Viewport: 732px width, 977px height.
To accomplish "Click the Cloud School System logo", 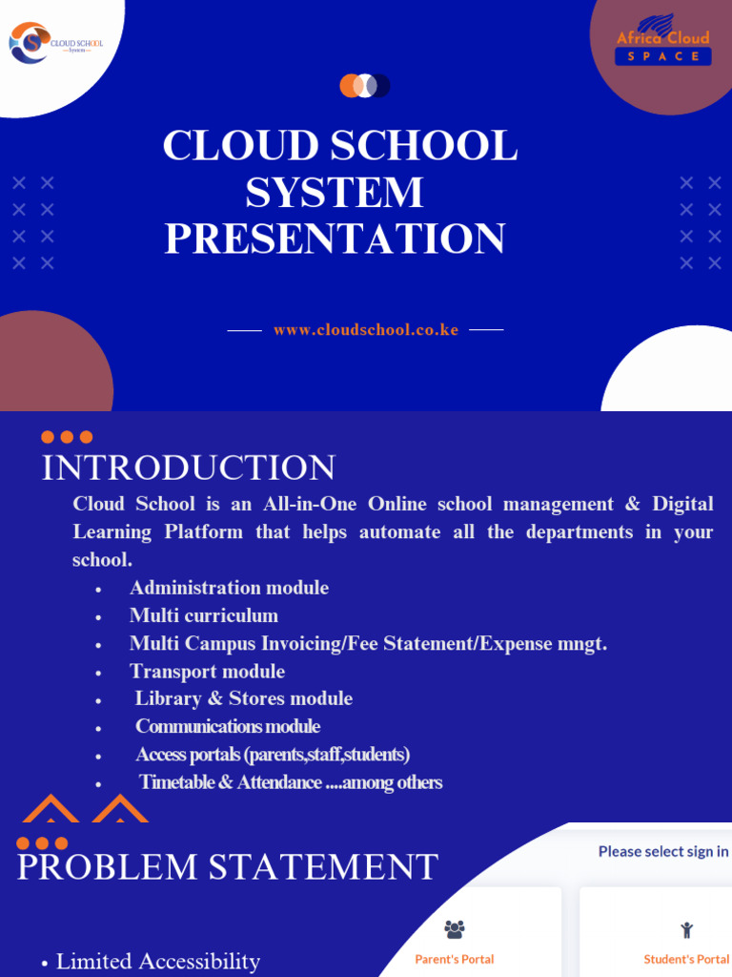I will coord(55,43).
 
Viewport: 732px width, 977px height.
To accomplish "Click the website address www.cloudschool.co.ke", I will coord(366,330).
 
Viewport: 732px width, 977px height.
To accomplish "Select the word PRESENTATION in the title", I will coord(335,239).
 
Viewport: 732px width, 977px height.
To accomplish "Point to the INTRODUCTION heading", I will coord(189,468).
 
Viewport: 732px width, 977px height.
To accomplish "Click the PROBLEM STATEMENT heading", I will coord(228,867).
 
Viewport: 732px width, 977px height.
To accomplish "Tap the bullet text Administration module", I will coord(229,588).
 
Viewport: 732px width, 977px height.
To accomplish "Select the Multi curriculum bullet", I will coord(204,615).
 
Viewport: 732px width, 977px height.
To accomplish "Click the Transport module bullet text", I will coord(207,671).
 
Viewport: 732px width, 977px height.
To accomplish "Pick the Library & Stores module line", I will coord(243,698).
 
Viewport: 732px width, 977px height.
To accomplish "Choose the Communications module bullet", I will coord(228,726).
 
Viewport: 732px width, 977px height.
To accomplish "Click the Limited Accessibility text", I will coord(158,961).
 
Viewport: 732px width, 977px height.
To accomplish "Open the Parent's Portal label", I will coord(455,959).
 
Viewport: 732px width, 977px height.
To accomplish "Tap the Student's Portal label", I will coord(686,959).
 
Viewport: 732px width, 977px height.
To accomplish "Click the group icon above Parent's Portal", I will coord(455,928).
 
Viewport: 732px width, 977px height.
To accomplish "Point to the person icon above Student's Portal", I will coord(686,929).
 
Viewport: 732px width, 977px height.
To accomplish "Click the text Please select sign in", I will coord(663,851).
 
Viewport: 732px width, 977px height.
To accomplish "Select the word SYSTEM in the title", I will coord(335,193).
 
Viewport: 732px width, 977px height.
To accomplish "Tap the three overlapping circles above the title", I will coord(365,86).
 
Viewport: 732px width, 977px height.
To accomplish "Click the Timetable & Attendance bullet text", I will coord(290,782).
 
